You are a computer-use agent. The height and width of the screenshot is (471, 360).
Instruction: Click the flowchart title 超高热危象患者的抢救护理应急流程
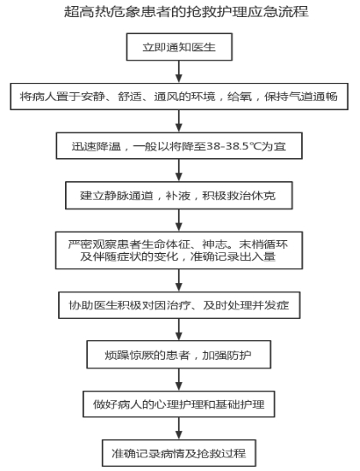(186, 12)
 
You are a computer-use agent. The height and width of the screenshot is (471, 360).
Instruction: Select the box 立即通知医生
(179, 47)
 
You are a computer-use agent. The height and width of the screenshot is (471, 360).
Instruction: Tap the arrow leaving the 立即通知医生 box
(179, 72)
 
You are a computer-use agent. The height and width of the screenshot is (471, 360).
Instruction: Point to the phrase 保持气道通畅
(301, 97)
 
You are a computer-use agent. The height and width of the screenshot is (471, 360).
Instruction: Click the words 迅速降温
(96, 146)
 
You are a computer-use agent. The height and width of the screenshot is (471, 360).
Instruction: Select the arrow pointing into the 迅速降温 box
(179, 121)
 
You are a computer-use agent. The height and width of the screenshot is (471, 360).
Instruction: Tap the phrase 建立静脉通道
(116, 196)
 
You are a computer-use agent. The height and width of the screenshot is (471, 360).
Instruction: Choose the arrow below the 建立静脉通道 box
(179, 221)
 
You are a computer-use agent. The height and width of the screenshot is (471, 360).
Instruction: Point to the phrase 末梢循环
(263, 244)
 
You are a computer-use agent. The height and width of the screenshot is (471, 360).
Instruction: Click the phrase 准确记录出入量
(233, 256)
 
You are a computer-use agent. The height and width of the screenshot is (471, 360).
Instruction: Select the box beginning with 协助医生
(180, 305)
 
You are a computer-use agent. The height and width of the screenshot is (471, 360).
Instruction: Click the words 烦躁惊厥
(129, 355)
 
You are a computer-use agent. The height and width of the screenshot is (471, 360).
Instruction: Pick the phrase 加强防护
(227, 355)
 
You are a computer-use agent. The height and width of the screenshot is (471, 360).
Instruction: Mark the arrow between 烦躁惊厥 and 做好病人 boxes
(179, 380)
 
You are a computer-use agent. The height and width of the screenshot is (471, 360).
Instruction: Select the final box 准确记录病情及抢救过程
(179, 453)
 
